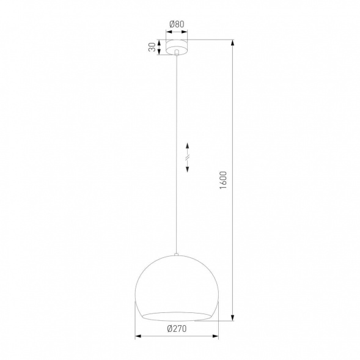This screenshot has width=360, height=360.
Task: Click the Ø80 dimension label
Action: pyautogui.click(x=177, y=25)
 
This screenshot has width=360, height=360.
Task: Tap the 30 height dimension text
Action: pyautogui.click(x=152, y=48)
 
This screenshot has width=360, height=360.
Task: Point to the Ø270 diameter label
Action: pyautogui.click(x=176, y=329)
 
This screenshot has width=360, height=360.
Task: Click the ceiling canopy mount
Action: pyautogui.click(x=177, y=47)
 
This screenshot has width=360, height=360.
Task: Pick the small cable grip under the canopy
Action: pyautogui.click(x=177, y=55)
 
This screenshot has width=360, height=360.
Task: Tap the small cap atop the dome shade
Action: pyautogui.click(x=176, y=254)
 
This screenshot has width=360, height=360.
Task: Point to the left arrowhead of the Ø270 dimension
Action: pyautogui.click(x=137, y=336)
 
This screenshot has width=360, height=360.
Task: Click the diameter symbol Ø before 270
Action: pyautogui.click(x=169, y=329)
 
